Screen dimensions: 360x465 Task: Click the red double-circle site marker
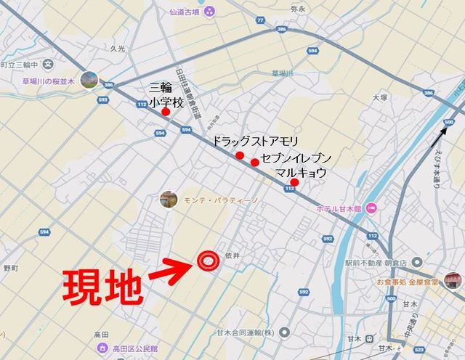pyautogui.click(x=208, y=260)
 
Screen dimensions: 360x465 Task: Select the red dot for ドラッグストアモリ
pyautogui.click(x=240, y=155)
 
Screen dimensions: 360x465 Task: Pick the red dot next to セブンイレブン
pyautogui.click(x=255, y=162)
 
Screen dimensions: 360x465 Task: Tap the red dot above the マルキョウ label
pyautogui.click(x=294, y=182)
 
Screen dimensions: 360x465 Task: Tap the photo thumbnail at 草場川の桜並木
pyautogui.click(x=90, y=80)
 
